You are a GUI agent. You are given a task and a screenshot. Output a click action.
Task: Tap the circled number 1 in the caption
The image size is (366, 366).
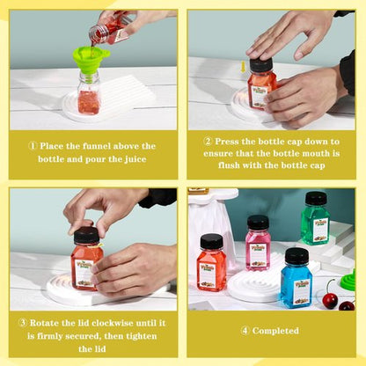[x=33, y=146]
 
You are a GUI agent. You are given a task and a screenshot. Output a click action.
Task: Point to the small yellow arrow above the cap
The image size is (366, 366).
[x=243, y=67]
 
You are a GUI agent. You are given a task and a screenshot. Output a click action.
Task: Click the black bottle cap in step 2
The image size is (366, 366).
[x=260, y=65]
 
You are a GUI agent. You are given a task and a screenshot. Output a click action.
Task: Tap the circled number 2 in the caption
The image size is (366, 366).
[x=209, y=140]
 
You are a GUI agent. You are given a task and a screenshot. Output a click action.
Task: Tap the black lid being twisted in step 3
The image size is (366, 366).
[x=85, y=235]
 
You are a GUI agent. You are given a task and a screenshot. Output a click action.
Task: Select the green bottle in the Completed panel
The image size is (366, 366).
[x=315, y=220]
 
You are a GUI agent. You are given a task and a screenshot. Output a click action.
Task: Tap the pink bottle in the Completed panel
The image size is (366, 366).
[x=258, y=244]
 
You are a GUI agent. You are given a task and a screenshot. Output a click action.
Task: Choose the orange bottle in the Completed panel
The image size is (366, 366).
[x=212, y=263]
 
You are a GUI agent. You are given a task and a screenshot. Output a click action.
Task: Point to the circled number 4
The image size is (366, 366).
[x=245, y=331]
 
